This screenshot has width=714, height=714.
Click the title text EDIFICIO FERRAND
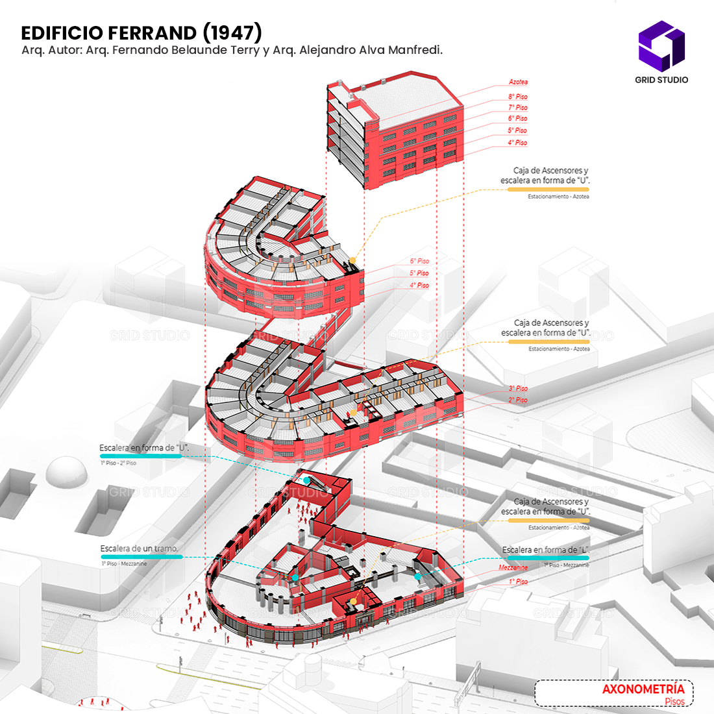(108, 33)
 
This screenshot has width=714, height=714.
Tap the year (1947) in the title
(232, 32)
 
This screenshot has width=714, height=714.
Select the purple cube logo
(661, 45)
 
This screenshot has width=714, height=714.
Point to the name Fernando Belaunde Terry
(186, 50)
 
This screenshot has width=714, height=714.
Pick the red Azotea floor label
(518, 82)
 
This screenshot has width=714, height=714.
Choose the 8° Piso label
(517, 97)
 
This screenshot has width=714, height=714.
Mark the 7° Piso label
(517, 108)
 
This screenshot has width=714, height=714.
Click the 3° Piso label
(517, 389)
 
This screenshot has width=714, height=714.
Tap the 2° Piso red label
(517, 400)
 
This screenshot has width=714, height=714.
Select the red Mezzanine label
(513, 567)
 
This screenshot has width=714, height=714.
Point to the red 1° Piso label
(517, 582)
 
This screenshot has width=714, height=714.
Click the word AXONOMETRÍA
(643, 689)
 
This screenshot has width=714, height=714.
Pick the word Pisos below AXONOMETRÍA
(674, 702)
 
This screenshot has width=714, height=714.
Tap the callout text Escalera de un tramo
(139, 549)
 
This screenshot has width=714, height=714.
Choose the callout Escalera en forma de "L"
(545, 550)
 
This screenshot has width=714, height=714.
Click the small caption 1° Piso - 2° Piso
(118, 463)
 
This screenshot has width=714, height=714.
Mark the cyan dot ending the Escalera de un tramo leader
(295, 577)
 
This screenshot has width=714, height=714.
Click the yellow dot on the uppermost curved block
(352, 261)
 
